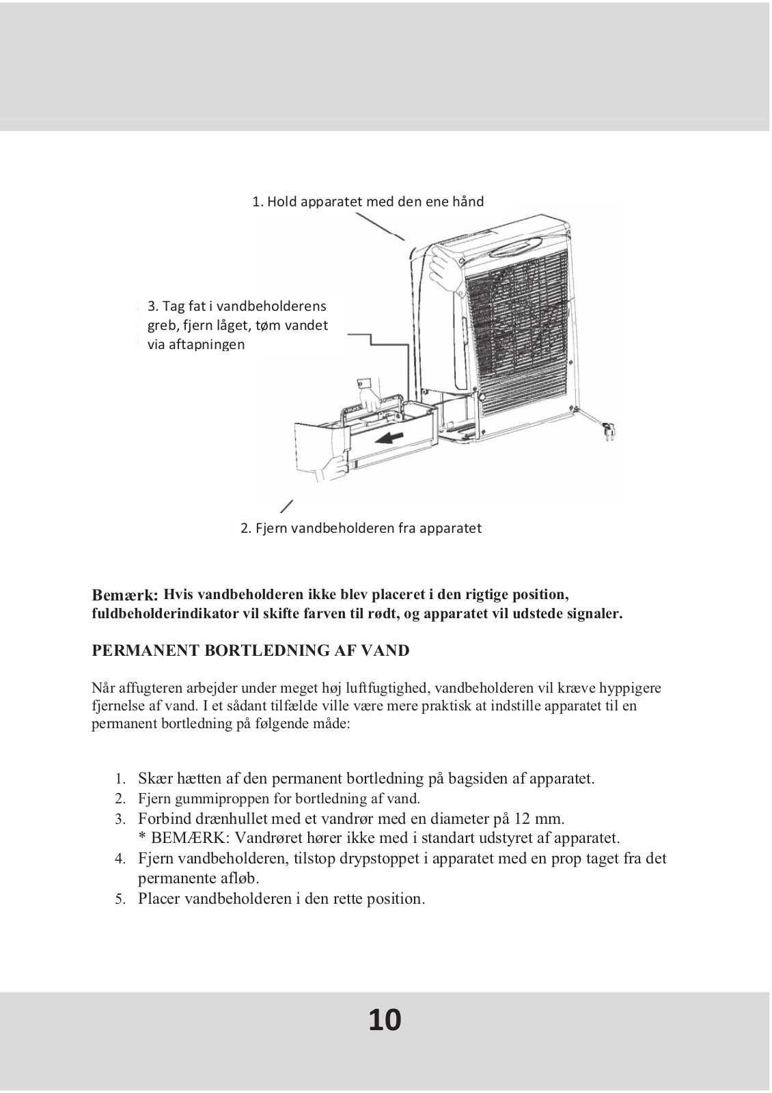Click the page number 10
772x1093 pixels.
tap(385, 1019)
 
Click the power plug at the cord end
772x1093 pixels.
tap(606, 431)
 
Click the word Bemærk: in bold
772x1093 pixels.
tap(125, 595)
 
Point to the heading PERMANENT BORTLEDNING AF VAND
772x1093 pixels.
tap(251, 650)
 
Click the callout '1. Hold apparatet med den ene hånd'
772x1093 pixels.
tap(368, 202)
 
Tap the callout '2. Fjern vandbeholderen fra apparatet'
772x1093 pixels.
tap(361, 528)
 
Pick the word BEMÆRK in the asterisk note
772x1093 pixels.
tap(178, 838)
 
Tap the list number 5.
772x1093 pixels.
tap(120, 899)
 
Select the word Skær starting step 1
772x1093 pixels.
tap(155, 778)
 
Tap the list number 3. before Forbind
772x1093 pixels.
tap(120, 819)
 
